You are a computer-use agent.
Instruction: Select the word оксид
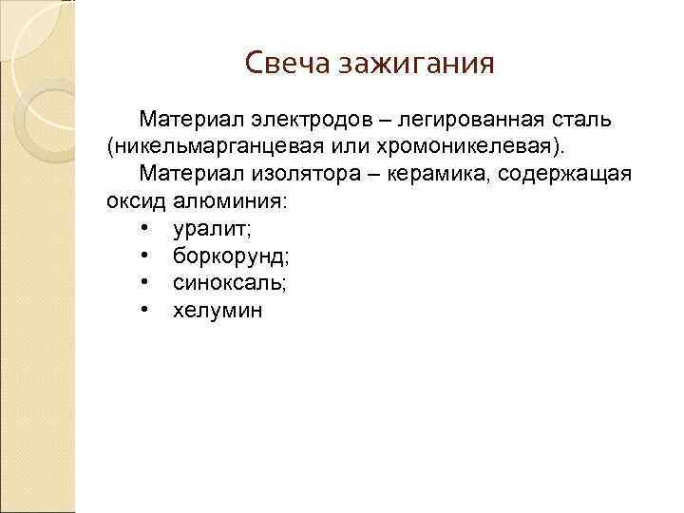[137, 202]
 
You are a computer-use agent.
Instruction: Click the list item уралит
[212, 229]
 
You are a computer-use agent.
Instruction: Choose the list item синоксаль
[229, 283]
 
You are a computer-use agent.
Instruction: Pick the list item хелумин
[217, 311]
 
